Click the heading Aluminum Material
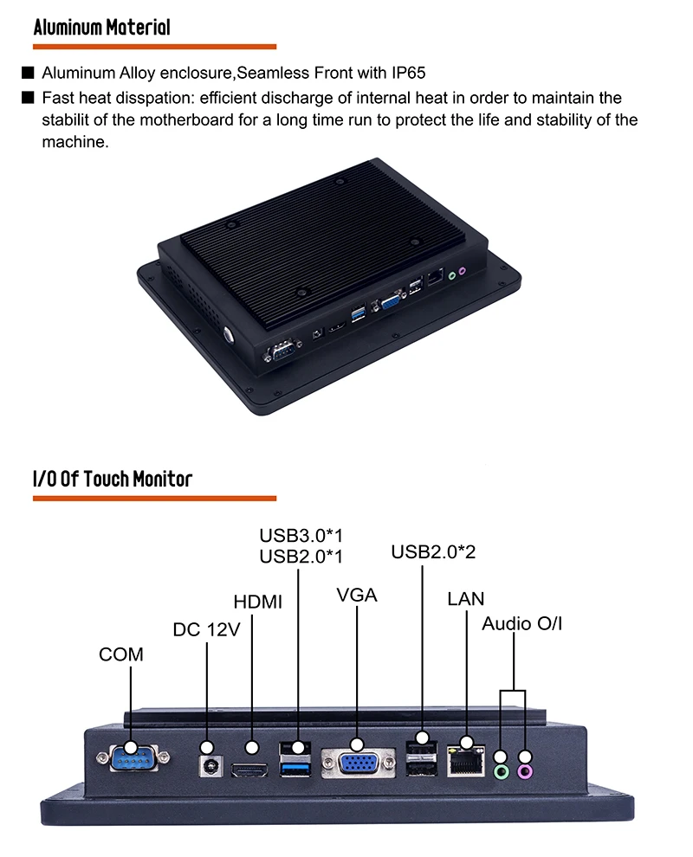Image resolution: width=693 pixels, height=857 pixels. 101,27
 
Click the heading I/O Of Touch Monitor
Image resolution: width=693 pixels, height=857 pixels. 112,478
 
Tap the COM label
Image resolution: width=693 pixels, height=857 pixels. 121,654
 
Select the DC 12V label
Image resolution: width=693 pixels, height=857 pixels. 206,630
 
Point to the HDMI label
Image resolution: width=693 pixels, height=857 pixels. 258,602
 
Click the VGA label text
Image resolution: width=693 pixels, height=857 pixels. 357,596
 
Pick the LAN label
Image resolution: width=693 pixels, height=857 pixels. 466,599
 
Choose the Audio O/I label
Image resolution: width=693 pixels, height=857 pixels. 522,623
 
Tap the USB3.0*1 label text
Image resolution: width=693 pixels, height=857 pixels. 295,535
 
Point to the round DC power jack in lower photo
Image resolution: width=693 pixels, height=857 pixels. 208,766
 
